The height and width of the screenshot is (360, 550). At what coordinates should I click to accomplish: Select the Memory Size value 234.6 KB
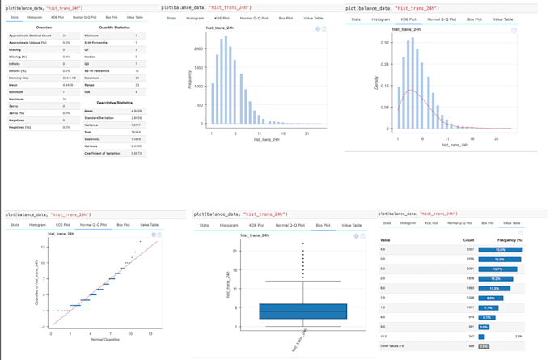tap(66, 78)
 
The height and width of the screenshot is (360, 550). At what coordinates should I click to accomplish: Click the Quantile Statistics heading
tap(111, 28)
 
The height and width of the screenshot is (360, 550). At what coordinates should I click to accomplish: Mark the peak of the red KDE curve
tap(413, 91)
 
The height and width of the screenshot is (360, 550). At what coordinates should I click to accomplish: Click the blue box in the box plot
tap(302, 311)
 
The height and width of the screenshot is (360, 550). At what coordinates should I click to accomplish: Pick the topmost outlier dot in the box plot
tap(302, 243)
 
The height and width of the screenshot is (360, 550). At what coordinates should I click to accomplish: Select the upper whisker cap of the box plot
tap(302, 282)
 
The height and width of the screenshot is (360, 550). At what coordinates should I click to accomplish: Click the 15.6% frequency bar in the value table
tap(500, 250)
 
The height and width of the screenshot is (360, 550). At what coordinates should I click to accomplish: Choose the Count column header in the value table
tap(468, 240)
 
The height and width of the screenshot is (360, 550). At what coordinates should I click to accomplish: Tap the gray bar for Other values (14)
tap(484, 346)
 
